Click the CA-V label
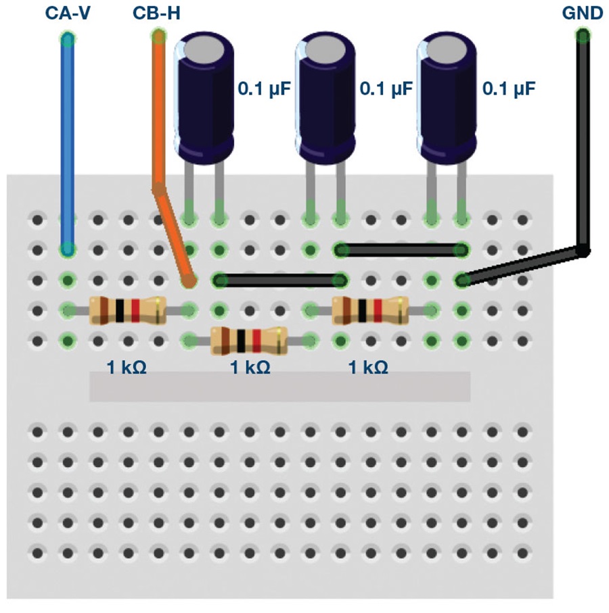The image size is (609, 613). point(66,14)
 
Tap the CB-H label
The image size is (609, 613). point(156,14)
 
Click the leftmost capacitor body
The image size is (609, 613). point(204,95)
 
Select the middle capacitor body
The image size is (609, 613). point(326,95)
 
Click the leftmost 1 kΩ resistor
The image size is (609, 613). point(127,310)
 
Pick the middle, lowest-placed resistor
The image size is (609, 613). point(249,341)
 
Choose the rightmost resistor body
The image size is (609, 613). point(371,310)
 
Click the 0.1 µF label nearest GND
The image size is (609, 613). point(508,89)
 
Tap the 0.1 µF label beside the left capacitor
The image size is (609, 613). point(263,89)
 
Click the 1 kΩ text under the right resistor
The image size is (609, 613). point(368,368)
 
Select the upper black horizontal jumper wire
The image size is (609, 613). point(401,250)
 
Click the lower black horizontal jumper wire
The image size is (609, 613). point(279,280)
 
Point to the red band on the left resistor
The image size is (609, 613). point(135,310)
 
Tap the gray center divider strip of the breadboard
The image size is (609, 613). point(279,387)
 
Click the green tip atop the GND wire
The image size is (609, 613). point(582,36)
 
